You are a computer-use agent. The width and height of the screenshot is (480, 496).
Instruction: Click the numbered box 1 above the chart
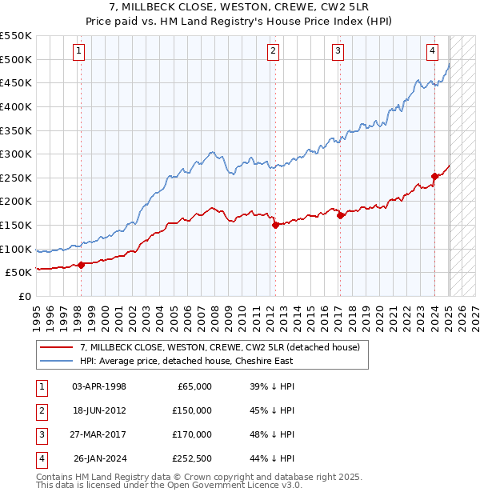tap(80, 52)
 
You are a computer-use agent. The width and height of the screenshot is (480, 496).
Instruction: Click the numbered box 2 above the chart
tap(273, 52)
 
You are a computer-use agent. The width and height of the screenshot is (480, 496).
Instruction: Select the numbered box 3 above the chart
tap(338, 52)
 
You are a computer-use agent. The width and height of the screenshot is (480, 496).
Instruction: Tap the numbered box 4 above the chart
tap(432, 52)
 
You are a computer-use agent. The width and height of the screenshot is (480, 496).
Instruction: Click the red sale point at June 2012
tap(275, 225)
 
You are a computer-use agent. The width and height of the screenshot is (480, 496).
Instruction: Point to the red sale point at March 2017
tap(340, 215)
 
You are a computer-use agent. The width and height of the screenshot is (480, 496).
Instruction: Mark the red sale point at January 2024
tap(434, 176)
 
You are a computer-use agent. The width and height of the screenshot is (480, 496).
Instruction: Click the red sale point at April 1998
tap(81, 265)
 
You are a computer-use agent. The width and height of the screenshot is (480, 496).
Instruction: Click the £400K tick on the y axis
tap(16, 106)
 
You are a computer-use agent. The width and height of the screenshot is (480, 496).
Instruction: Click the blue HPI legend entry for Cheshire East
tap(188, 361)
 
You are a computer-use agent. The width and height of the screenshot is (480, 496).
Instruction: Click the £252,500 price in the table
tap(190, 458)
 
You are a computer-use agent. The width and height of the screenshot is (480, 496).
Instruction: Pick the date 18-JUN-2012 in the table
tap(99, 410)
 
